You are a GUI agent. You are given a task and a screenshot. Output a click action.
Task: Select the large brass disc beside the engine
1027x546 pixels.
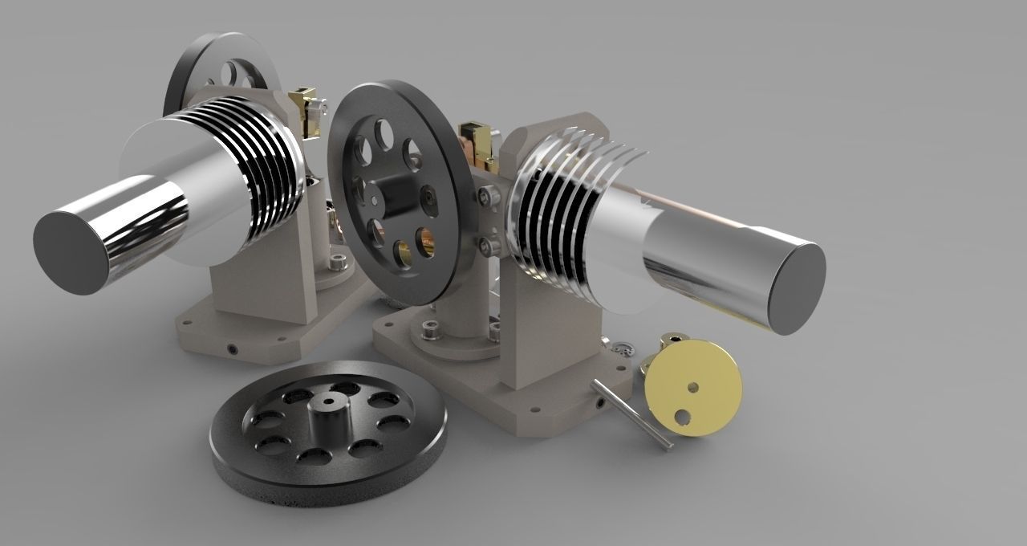coord(694,386)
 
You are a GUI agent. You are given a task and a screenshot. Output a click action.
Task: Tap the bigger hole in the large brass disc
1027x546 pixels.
coord(683,416)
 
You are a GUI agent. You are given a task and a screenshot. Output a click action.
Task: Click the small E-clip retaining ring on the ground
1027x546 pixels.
coord(622,348)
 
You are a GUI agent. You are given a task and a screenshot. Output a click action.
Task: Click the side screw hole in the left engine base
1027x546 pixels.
coord(232,349)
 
